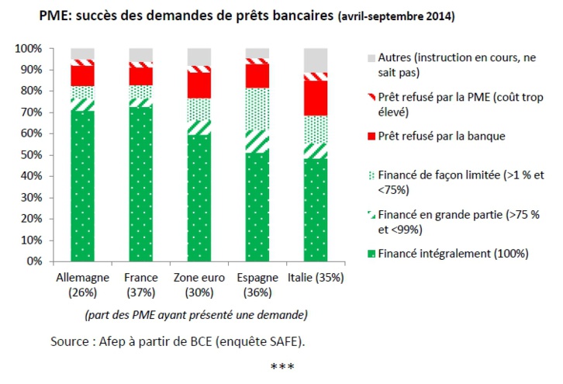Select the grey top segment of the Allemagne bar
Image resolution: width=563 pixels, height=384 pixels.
82,53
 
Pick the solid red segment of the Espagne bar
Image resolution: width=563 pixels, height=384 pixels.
257,75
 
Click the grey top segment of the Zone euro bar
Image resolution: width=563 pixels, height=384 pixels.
199,57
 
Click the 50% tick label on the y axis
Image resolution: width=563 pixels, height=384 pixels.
30,155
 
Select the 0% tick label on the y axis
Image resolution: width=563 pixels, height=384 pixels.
33,261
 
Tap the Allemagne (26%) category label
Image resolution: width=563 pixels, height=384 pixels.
82,284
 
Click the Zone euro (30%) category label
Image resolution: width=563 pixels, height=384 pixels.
199,284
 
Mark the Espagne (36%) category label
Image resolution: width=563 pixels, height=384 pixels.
257,284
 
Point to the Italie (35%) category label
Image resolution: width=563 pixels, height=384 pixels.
316,278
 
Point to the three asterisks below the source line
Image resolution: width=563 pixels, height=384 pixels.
281,366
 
